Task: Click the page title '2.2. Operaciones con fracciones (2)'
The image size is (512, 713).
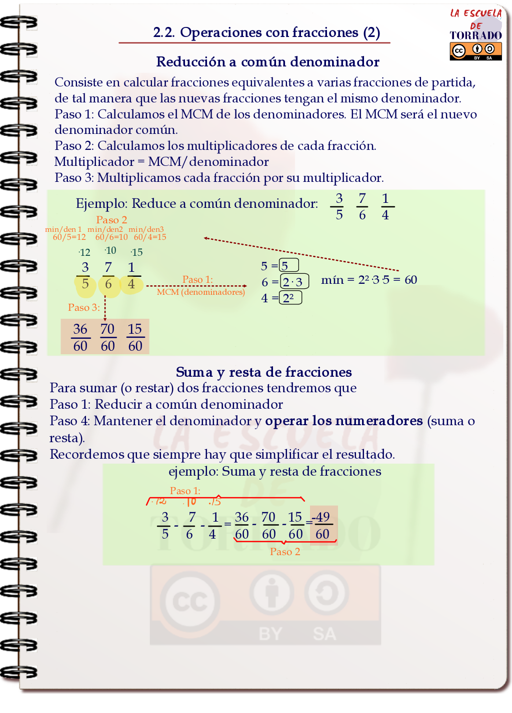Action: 266,32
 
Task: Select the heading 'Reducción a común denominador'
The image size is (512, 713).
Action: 267,62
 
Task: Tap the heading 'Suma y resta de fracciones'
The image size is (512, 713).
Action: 263,372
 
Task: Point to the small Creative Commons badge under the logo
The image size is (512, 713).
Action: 475,51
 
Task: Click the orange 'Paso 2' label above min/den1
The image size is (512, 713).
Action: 111,220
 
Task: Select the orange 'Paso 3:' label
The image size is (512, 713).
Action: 84,307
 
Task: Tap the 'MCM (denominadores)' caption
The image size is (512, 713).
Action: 201,292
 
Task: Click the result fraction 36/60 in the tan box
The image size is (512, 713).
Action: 80,337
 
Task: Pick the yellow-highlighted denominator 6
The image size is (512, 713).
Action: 108,285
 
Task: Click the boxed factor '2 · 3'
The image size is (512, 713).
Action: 294,281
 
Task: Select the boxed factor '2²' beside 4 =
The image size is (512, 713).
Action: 290,298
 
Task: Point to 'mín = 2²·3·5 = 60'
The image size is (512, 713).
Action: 369,280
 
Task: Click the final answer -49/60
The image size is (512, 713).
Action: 322,525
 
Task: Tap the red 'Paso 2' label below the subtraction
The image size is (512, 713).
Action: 285,552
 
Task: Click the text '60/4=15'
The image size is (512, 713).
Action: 150,237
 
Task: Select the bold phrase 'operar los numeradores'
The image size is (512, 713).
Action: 343,421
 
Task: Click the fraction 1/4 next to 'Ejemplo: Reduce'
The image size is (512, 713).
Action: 385,206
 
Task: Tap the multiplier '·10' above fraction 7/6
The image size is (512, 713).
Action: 110,250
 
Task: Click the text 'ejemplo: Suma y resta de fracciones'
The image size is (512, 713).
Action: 274,471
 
